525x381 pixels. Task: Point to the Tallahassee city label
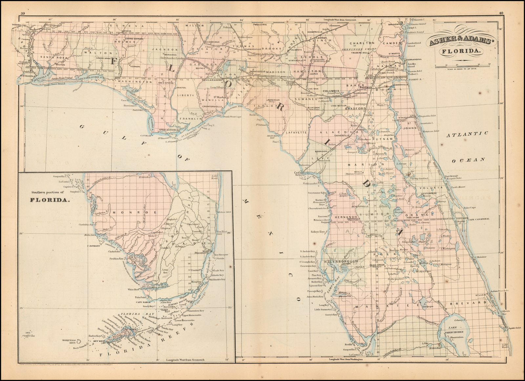(211, 79)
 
